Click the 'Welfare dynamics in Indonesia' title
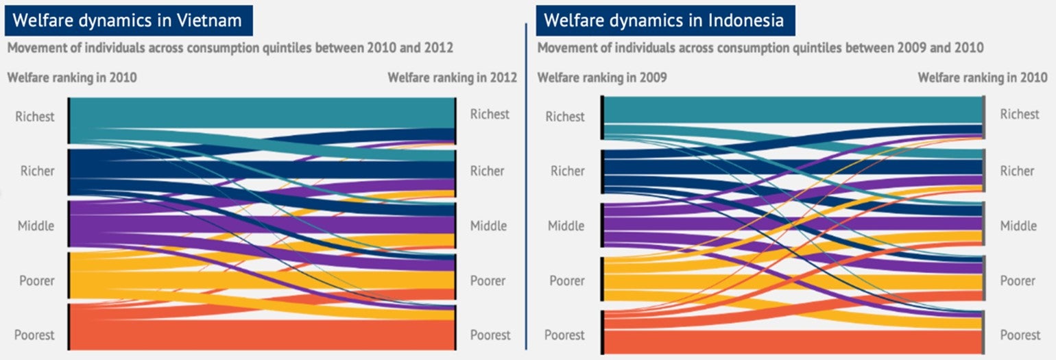tap(664, 20)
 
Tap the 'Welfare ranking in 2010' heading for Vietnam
tap(72, 77)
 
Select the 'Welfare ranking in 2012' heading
tap(452, 77)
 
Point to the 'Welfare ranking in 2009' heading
tap(602, 77)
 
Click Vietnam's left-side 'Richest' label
tap(34, 117)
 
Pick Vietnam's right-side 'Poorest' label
tap(490, 335)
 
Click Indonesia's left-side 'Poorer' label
tap(566, 280)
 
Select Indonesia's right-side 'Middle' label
tap(1018, 226)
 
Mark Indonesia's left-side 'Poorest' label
tap(565, 335)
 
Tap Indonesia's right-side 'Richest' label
tap(1020, 115)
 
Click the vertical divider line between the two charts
tap(526, 185)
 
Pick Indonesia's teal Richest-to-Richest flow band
tap(789, 110)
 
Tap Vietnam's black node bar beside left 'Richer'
tap(69, 171)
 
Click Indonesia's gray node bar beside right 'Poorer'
tap(985, 281)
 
